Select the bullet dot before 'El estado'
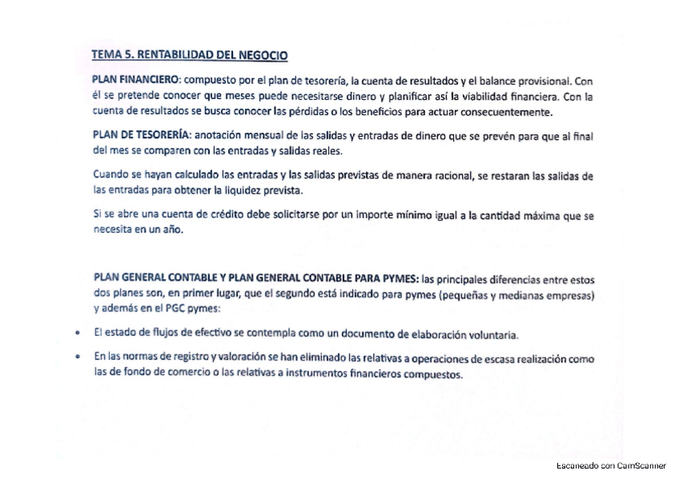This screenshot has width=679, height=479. coord(76,333)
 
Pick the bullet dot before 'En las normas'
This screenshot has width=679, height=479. coord(76,359)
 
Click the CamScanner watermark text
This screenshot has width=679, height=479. coord(611,465)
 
